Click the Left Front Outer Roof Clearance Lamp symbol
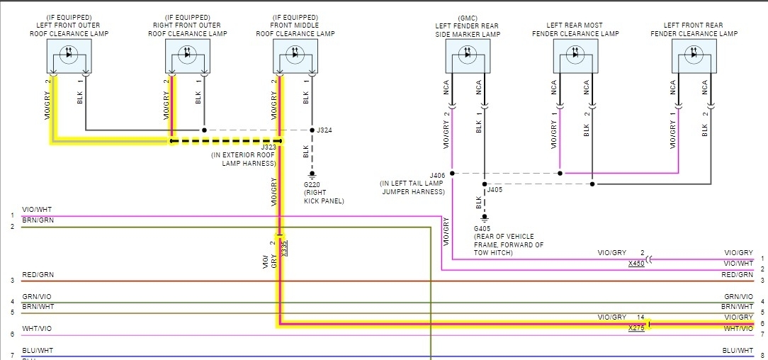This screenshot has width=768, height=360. coord(69,56)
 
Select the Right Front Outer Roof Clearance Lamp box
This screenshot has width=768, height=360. coord(188,56)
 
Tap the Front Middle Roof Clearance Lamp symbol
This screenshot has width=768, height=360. coord(295,56)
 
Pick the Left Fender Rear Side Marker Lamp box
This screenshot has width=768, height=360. coord(468,56)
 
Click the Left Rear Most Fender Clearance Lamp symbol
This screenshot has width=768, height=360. coord(575,56)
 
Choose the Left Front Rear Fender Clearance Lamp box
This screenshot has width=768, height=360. coord(694,56)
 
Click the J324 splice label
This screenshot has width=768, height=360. coord(324,130)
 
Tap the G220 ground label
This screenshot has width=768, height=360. coord(312,184)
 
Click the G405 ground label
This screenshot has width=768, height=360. coord(483,228)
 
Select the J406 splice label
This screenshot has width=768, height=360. coord(438,174)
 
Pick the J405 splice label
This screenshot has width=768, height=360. coord(495,189)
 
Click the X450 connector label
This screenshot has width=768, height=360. coord(636,264)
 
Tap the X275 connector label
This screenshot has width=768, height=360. coord(636,328)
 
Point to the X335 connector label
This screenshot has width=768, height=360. coord(285,247)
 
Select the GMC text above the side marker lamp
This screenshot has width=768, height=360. coord(467,17)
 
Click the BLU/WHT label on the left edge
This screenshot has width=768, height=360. coord(37,351)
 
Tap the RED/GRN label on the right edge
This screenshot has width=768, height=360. coord(738,274)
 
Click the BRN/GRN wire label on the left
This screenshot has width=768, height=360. coord(37,220)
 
